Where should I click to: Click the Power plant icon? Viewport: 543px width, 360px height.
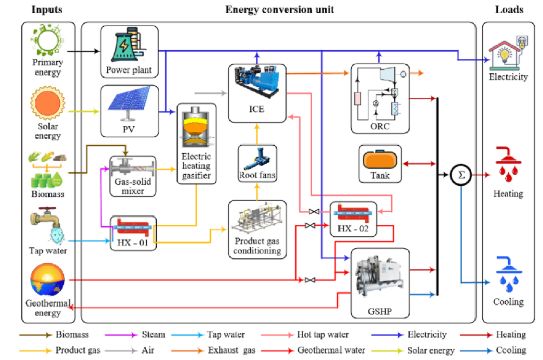(129, 45)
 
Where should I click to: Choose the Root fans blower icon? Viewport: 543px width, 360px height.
(257, 158)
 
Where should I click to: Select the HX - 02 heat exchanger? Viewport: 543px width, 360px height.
(353, 213)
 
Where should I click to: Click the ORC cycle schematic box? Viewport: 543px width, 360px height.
(380, 98)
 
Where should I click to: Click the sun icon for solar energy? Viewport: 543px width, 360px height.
(47, 102)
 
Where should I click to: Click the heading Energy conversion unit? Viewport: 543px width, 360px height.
(280, 9)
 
